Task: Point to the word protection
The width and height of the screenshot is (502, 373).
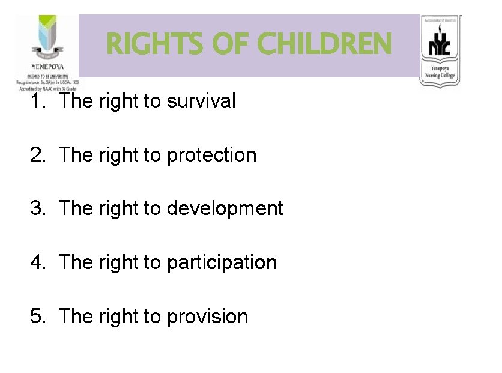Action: click(x=212, y=155)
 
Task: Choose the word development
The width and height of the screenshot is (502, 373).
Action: click(x=225, y=208)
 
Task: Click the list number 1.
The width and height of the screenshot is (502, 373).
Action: click(x=37, y=101)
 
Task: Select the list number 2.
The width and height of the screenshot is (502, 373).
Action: click(x=37, y=155)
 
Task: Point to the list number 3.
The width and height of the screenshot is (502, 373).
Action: click(x=37, y=208)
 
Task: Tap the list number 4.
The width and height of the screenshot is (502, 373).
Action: click(x=37, y=262)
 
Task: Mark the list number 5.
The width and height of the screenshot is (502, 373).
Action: click(x=37, y=316)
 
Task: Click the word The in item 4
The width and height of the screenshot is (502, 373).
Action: click(x=76, y=262)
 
